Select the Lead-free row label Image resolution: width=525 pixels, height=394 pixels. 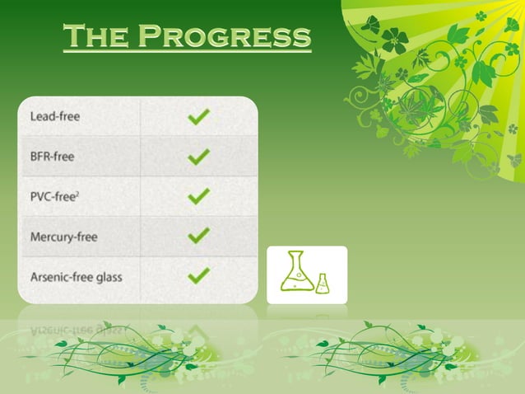[x=54, y=117]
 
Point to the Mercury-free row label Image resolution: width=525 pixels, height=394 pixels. [x=63, y=237]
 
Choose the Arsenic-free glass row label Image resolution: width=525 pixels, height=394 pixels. [x=76, y=277]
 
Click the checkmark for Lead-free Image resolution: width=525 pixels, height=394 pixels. [x=198, y=117]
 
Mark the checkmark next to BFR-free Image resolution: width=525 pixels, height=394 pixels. [x=198, y=157]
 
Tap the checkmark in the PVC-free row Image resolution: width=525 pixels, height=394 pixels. [x=198, y=196]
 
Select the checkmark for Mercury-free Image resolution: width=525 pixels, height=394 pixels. [x=198, y=236]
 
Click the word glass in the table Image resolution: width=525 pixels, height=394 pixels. [x=107, y=278]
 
